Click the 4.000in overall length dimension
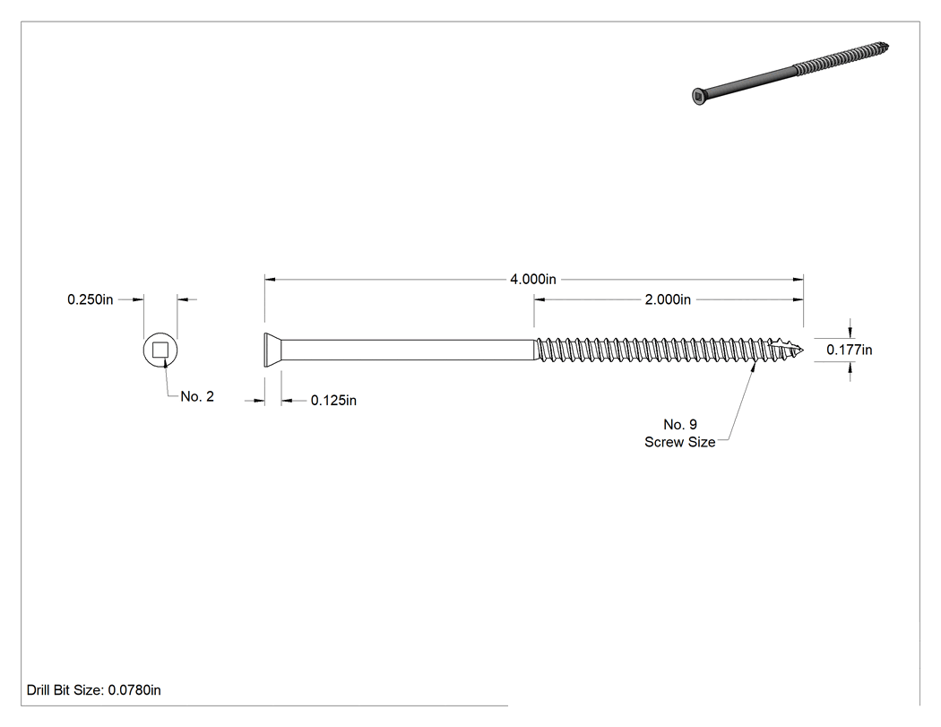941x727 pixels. coord(533,279)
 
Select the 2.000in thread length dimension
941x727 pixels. coord(668,299)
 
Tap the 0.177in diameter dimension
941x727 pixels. coord(850,350)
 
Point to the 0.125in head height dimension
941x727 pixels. coord(333,401)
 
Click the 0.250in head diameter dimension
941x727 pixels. coord(90,299)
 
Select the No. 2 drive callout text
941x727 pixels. coord(197,396)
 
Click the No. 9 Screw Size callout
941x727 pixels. coord(680,433)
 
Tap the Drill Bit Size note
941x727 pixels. coord(93,689)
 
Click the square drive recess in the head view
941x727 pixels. coord(160,350)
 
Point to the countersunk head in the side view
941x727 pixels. coord(273,350)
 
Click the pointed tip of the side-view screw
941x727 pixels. coord(803,350)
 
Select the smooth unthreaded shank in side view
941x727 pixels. coord(408,350)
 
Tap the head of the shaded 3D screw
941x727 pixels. coord(698,96)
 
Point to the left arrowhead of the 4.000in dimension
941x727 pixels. coord(270,279)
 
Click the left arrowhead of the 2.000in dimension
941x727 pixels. coord(540,299)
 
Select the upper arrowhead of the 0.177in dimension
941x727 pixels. coord(850,332)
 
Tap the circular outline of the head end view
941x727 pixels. coord(143,350)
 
